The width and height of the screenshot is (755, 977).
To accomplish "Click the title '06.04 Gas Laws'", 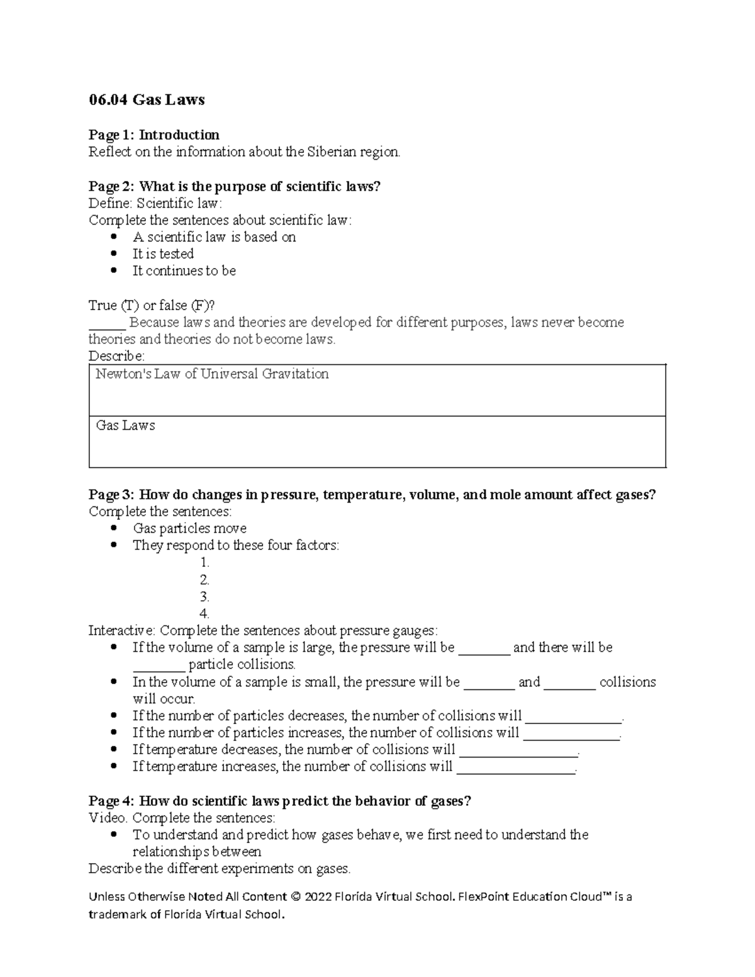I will click(147, 100).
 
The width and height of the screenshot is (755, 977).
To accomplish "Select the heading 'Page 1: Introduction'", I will click(154, 135).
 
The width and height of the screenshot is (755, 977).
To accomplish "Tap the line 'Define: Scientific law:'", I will click(155, 203).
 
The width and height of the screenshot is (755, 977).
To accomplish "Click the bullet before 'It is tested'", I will click(114, 254).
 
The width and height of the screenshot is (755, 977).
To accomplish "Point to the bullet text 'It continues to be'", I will click(184, 271).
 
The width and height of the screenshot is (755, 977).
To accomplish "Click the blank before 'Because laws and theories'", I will click(107, 323).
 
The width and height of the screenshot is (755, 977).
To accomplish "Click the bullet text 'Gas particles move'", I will click(189, 528).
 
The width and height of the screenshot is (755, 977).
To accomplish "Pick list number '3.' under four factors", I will click(204, 596).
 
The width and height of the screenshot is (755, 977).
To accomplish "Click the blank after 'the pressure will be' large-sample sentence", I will click(484, 649).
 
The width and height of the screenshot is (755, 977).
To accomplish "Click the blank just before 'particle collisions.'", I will click(159, 666).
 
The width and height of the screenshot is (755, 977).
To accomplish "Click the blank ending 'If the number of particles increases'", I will click(571, 734).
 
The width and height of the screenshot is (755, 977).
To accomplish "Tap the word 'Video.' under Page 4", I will click(108, 818).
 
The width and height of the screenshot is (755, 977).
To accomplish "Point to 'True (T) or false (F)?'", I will click(152, 306).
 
